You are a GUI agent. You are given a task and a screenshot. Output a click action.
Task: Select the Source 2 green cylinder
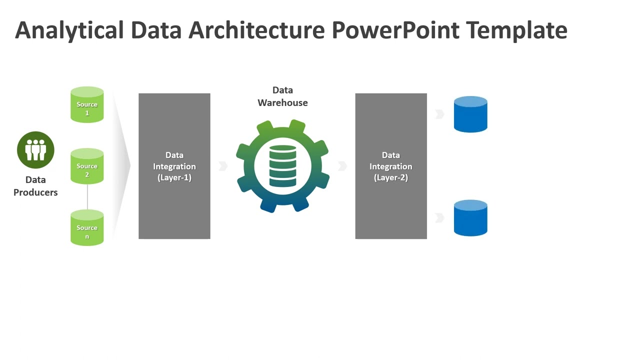[87, 166]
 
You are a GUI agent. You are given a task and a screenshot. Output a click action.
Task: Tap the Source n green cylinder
[87, 228]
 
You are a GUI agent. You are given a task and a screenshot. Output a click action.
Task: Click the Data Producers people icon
[35, 150]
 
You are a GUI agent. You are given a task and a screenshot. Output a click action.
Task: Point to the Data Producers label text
[35, 186]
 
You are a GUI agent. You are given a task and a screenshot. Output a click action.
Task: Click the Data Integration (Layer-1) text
[174, 166]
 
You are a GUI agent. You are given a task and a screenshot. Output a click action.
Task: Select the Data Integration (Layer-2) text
[391, 166]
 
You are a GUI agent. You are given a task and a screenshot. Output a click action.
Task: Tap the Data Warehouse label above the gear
[282, 96]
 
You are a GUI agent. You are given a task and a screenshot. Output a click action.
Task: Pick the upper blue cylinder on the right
[470, 114]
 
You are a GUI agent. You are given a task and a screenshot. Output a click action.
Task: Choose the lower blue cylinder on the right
[470, 218]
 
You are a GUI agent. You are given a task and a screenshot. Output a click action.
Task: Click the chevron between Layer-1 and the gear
[223, 166]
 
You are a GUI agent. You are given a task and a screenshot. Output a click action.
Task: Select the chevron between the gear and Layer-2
[342, 166]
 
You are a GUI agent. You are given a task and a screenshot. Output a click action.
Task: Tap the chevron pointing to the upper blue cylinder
[439, 114]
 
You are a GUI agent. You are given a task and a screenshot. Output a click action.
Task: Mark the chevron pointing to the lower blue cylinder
[439, 217]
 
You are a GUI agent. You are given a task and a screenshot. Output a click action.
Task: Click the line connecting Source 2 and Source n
[87, 197]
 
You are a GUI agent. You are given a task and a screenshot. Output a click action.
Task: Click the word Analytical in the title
[69, 30]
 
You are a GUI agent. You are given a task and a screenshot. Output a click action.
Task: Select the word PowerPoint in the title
[395, 30]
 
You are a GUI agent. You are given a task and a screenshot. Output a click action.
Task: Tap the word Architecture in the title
[256, 30]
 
